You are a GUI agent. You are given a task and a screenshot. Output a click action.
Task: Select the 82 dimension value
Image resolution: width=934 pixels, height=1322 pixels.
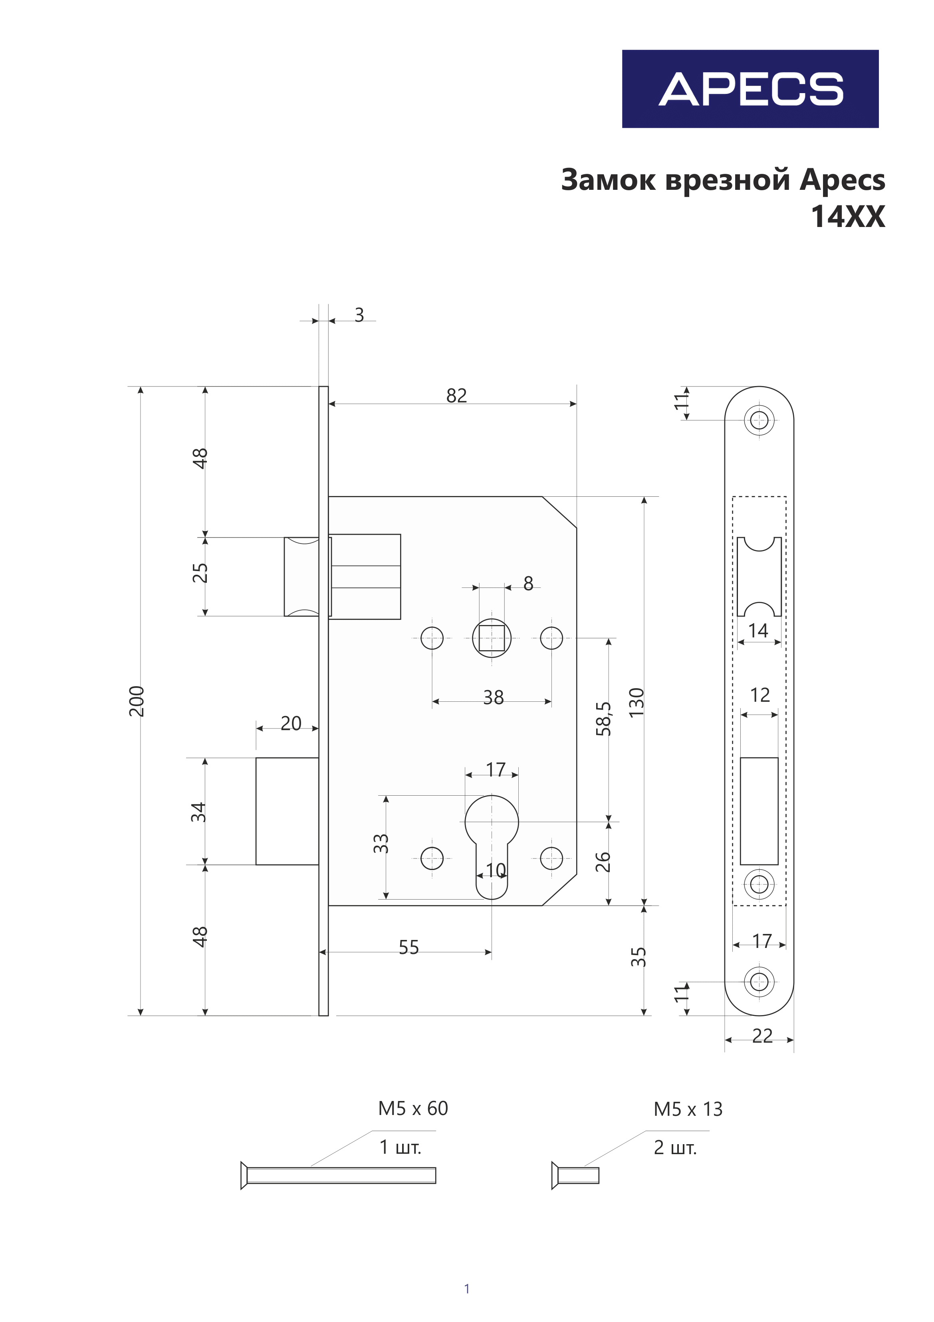pos(456,396)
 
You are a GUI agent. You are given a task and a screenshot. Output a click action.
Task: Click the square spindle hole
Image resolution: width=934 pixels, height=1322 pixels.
pos(492,638)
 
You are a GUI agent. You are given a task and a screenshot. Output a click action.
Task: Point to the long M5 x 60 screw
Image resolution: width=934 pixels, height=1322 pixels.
pos(338,1175)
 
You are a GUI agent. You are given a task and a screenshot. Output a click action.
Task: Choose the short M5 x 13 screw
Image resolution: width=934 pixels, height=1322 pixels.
pos(575,1175)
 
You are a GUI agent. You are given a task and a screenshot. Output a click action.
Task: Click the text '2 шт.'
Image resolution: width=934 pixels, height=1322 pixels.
pos(675,1147)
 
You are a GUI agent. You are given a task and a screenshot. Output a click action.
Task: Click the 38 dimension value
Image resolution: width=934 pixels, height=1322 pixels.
pos(493,697)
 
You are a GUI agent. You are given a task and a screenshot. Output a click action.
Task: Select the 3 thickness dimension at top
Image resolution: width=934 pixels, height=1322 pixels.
pos(359,315)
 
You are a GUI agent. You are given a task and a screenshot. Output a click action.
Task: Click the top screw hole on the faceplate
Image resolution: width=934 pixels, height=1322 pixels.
pos(759,420)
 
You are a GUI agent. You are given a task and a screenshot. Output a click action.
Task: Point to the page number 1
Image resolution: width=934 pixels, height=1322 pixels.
pos(467,1288)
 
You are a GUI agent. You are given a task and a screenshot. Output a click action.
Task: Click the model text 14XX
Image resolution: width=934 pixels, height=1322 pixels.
pos(848,217)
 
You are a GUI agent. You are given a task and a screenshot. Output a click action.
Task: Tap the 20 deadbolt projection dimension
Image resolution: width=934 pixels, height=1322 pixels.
pos(291,723)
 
